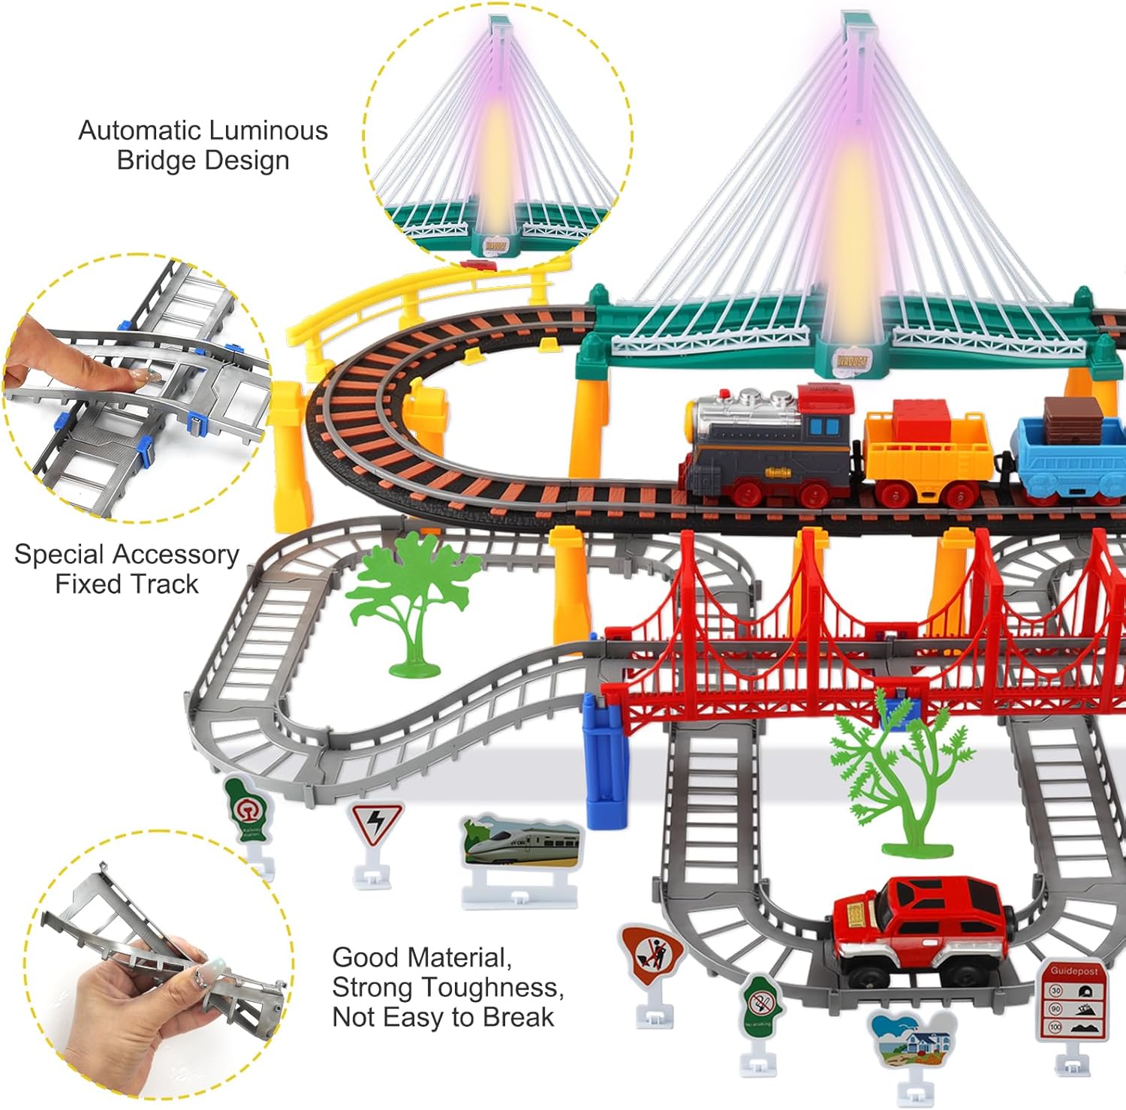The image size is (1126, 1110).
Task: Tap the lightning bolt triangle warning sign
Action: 375,826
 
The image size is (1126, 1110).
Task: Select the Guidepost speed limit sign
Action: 1072,1002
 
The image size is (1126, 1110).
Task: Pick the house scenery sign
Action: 911,1040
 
